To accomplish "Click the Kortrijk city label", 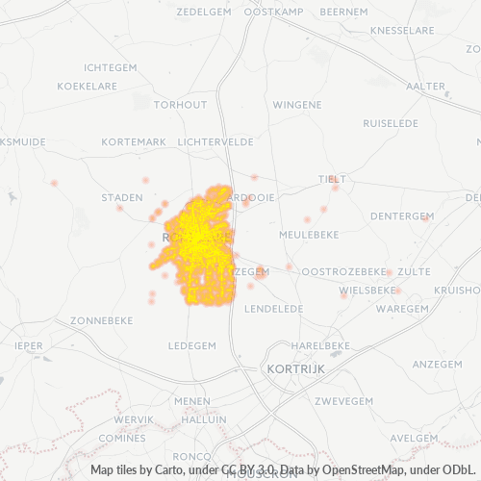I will tap(293, 368).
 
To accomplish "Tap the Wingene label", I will tap(297, 104).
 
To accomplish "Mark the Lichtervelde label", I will tap(215, 141).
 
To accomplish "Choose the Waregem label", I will tap(401, 309).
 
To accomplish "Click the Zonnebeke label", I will tap(101, 319).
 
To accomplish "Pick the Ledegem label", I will tap(191, 344).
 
